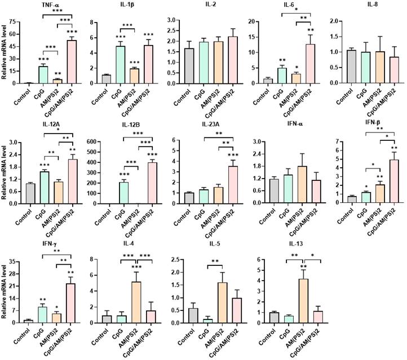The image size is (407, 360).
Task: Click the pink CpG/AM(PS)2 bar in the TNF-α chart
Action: click(72, 61)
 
